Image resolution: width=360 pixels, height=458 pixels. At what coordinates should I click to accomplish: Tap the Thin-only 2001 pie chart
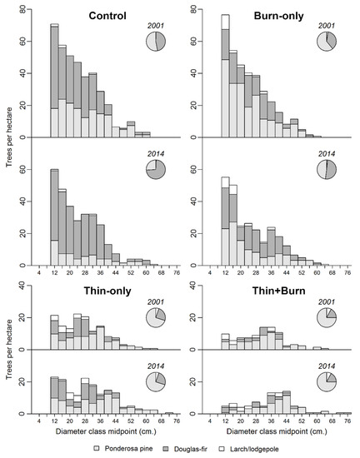(156, 318)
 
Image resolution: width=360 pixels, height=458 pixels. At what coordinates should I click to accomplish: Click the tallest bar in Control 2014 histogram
(54, 217)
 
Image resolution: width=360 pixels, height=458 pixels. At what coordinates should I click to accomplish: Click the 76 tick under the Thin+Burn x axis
(347, 421)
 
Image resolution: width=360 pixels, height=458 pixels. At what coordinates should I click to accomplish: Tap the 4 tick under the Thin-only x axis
(39, 421)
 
